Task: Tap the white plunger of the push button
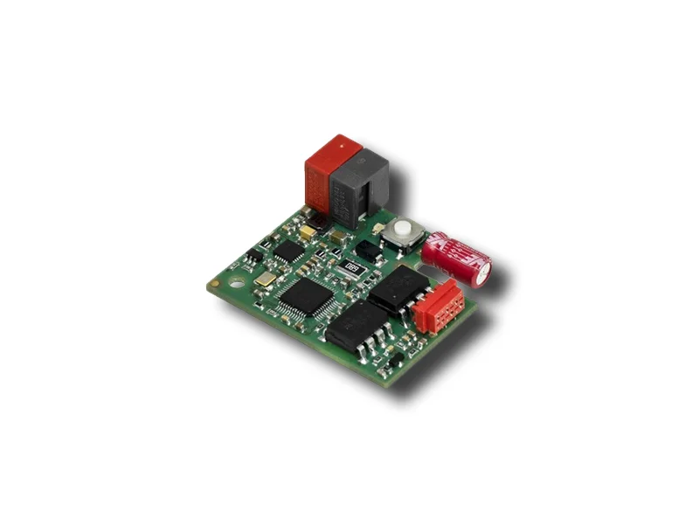[403, 231]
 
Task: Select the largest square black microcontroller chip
[306, 297]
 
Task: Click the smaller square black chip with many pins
[288, 251]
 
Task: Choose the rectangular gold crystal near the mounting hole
[266, 279]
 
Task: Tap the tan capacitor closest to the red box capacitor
[308, 233]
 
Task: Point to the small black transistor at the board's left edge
[253, 253]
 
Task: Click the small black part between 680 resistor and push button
[370, 251]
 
